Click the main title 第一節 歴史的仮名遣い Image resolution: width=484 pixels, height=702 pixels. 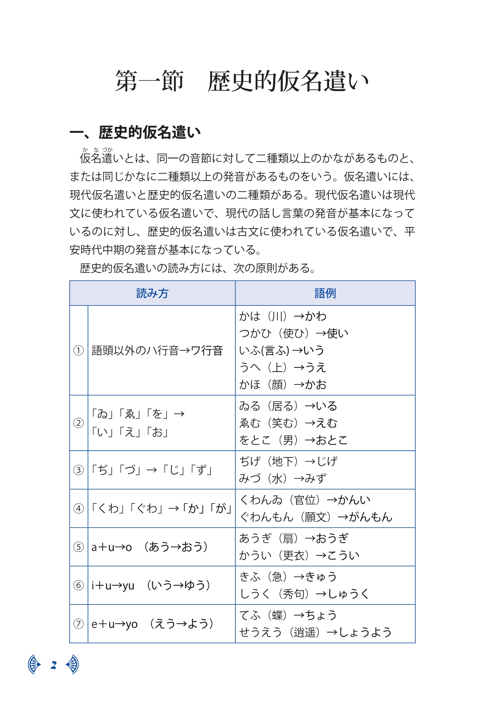pos(242,81)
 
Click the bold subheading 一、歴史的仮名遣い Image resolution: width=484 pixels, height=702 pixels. pos(135,132)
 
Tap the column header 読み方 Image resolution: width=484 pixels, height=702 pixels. pos(152,293)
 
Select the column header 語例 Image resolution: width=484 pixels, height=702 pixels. pos(325,293)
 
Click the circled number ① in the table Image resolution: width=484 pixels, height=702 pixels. pos(78,351)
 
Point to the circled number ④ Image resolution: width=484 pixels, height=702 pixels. pos(78,508)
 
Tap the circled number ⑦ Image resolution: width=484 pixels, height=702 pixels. pos(78,624)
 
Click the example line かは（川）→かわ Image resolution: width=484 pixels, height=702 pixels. pos(283,316)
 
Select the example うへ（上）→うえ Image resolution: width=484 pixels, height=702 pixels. pos(283,368)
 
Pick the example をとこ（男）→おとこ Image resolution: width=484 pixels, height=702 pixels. pos(293,440)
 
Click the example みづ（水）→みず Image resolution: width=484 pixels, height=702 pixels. pos(283,478)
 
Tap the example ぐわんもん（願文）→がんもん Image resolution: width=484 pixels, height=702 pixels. pos(316,517)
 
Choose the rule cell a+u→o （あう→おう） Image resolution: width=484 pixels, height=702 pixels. pos(150,547)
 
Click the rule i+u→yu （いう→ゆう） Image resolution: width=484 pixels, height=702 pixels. pos(151,585)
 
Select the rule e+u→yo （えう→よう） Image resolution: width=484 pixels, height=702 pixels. pos(153,624)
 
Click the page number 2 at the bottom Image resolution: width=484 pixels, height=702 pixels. pos(54,665)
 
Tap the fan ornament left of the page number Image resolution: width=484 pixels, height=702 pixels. pos(34,665)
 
